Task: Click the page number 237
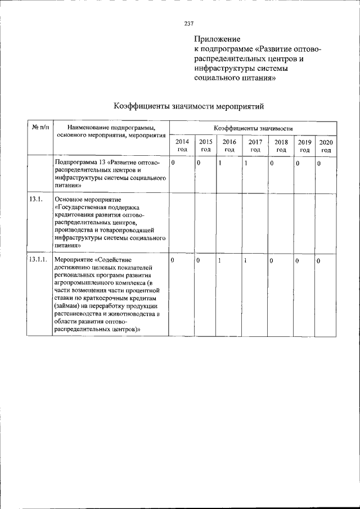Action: [x=188, y=23]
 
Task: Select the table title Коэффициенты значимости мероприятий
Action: [x=188, y=106]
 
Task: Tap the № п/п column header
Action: [x=40, y=128]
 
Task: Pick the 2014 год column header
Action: [x=182, y=146]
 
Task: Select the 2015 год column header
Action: [x=206, y=146]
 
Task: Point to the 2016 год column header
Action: [x=229, y=146]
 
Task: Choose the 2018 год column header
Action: [x=281, y=146]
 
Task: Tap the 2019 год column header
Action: [x=304, y=146]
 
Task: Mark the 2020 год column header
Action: [x=326, y=146]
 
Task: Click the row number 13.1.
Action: [x=34, y=199]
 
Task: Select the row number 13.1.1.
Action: [x=38, y=260]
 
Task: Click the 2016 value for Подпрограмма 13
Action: [x=220, y=163]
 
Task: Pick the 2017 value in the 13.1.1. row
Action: [x=246, y=260]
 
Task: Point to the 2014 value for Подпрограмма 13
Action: [x=173, y=163]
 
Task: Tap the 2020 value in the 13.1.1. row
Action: [x=318, y=261]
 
